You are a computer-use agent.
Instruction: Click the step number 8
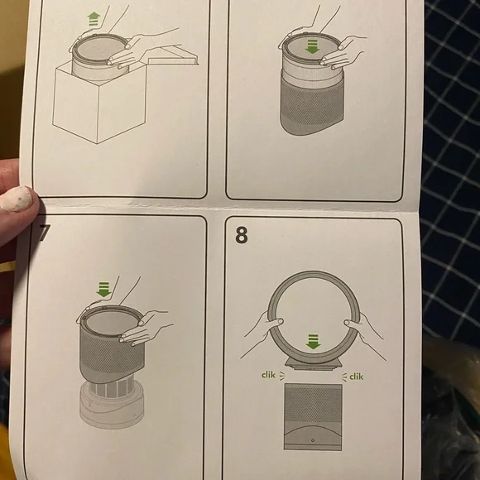tap(241, 234)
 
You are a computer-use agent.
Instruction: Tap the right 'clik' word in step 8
tap(357, 377)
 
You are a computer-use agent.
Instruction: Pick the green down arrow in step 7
tap(103, 290)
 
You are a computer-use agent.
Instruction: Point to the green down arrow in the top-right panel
tap(311, 48)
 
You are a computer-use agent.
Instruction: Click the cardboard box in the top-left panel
tap(99, 108)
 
